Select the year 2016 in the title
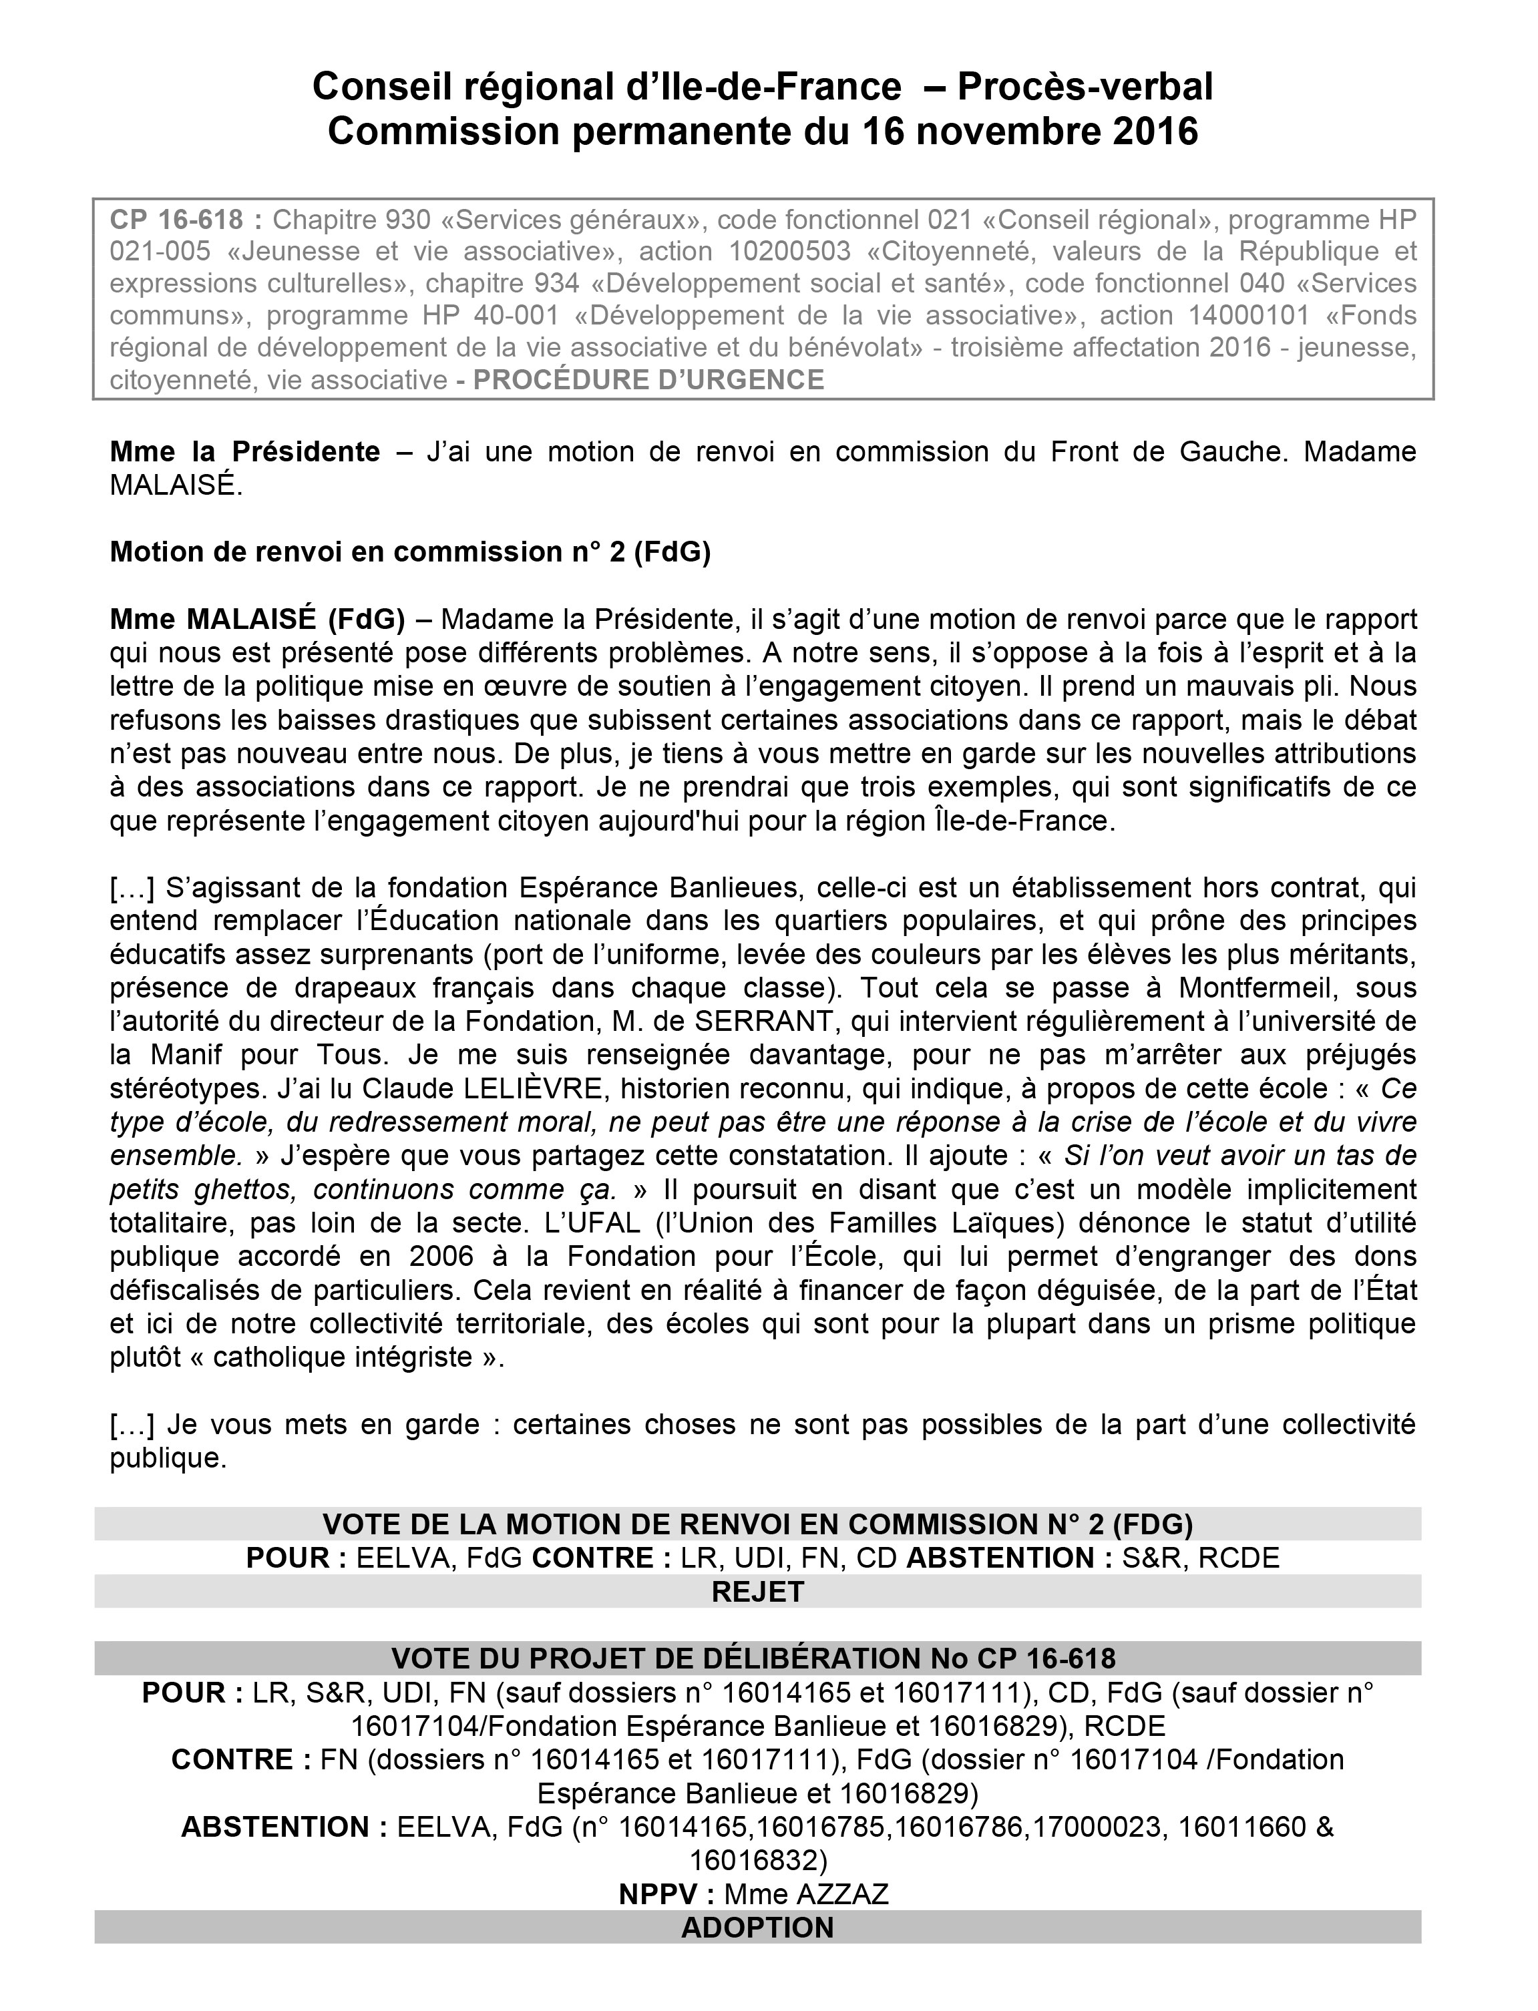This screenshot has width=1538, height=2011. click(x=1155, y=132)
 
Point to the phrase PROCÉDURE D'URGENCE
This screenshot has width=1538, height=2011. click(x=648, y=380)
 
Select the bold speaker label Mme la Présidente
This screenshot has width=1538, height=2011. click(x=244, y=451)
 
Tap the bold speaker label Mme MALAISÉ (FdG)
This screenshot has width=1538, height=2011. click(x=257, y=620)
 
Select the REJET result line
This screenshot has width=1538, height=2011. click(x=757, y=1592)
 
